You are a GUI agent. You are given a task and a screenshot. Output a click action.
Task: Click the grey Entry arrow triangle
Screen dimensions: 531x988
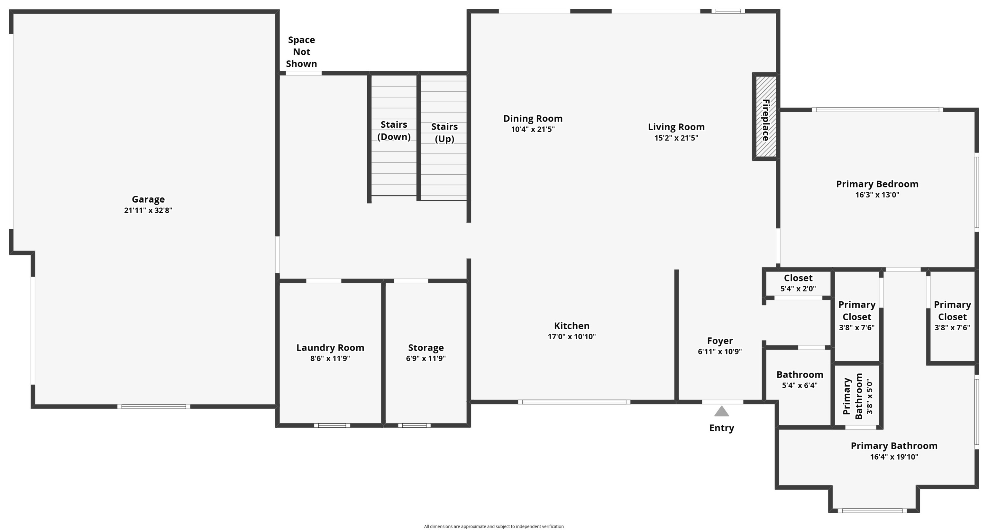[x=721, y=412]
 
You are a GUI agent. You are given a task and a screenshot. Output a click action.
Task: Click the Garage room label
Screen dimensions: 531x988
[x=148, y=199]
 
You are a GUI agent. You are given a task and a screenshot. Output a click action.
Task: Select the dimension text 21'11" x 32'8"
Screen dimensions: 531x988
[x=148, y=210]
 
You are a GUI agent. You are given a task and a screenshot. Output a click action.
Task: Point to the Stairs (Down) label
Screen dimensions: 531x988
[x=394, y=131]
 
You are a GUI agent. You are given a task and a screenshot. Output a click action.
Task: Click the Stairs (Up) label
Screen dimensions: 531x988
[x=444, y=133]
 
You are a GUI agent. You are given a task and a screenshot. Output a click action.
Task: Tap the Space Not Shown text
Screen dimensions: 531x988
[x=301, y=52]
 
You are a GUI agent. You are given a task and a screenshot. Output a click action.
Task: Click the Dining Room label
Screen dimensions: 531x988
[x=533, y=119]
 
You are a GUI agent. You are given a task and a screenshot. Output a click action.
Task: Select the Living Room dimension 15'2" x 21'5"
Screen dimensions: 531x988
[x=676, y=138]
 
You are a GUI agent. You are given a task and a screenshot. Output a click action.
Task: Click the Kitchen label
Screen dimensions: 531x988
[x=572, y=326]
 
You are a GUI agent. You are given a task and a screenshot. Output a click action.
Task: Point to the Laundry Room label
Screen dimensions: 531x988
[x=330, y=348]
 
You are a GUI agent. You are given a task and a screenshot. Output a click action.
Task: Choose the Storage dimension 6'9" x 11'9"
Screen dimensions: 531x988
[x=426, y=358]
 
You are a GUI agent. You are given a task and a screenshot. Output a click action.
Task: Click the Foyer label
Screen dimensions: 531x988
[x=719, y=341]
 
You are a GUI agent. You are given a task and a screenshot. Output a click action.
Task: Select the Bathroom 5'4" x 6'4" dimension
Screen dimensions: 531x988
[x=799, y=385]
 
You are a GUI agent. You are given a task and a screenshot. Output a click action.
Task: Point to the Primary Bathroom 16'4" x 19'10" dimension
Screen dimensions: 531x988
[x=894, y=457]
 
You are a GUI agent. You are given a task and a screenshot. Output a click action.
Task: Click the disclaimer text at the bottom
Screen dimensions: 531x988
[x=494, y=526]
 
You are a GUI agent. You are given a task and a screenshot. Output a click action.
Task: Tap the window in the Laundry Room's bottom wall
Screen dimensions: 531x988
[x=332, y=425]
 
